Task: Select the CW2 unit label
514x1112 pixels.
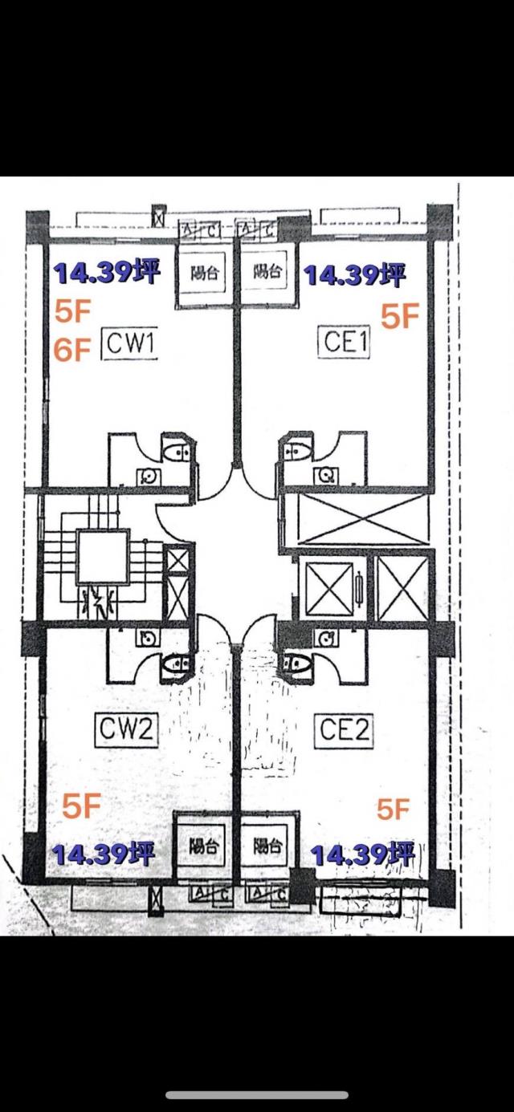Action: [x=126, y=729]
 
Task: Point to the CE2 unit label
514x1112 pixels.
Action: [x=345, y=730]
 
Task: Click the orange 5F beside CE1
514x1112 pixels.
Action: [x=400, y=317]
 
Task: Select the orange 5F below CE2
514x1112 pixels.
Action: [x=394, y=810]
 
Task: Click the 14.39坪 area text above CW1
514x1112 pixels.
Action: [x=107, y=274]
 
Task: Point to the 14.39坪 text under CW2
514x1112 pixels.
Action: [x=104, y=854]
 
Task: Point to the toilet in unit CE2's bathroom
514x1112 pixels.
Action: [x=299, y=665]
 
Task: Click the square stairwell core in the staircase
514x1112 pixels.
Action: [x=102, y=557]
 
